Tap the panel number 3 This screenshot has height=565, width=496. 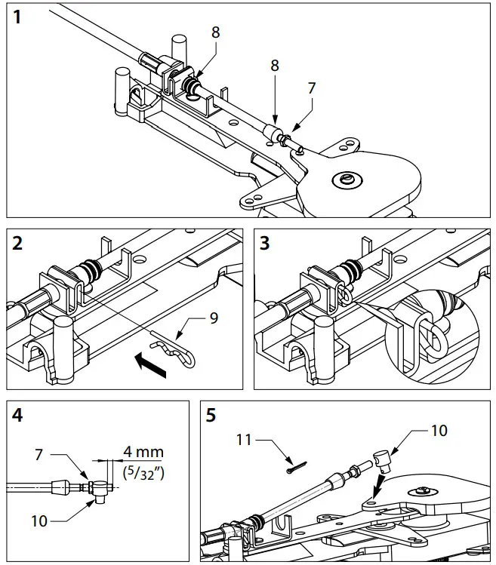tap(266, 244)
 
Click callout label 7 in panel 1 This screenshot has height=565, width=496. tap(311, 88)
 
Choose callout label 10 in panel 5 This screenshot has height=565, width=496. tap(439, 430)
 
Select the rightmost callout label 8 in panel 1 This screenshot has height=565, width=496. tap(275, 66)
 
